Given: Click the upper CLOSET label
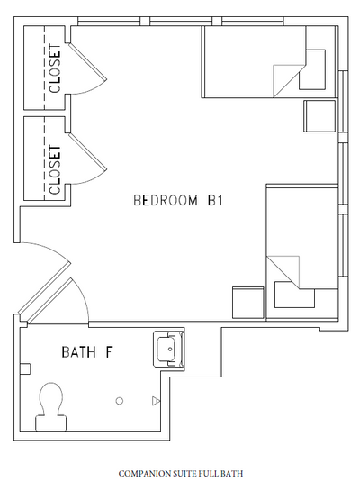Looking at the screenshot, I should (x=55, y=68).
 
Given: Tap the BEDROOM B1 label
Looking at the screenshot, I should (x=176, y=200).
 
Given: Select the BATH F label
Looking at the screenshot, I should (x=86, y=350).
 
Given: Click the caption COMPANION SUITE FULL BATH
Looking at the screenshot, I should (x=180, y=472).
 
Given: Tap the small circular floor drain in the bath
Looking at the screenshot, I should (x=118, y=401).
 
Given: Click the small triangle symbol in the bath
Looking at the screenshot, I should (x=156, y=400).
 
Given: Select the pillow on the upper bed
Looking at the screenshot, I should (x=314, y=69).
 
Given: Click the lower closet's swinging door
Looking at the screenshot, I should (x=84, y=160).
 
